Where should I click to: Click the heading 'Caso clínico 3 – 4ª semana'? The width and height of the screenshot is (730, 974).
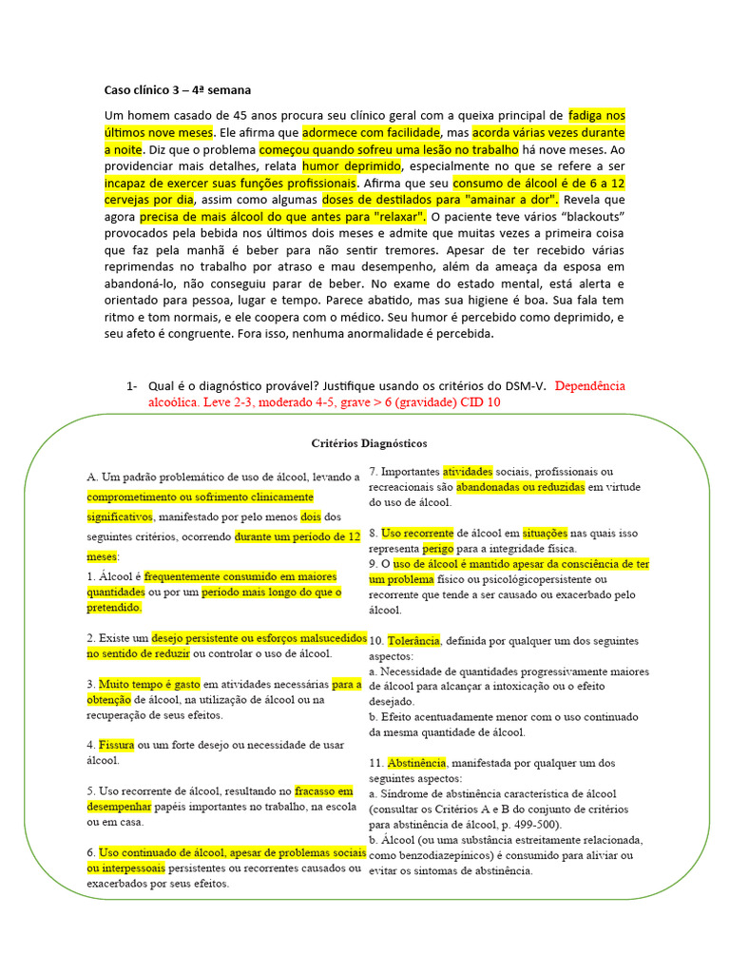click(x=177, y=90)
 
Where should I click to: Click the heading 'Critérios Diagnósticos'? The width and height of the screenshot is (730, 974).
click(x=369, y=443)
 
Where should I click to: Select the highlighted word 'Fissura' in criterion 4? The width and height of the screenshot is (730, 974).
click(x=118, y=745)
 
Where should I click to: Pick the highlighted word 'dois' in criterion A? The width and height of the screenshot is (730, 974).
click(x=311, y=516)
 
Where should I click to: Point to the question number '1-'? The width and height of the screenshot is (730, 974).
click(x=132, y=385)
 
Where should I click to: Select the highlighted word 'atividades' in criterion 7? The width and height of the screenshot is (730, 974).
click(x=467, y=471)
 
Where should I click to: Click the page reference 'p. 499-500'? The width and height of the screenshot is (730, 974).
click(x=528, y=825)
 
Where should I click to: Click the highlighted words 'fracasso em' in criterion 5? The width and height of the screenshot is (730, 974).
click(x=324, y=790)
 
